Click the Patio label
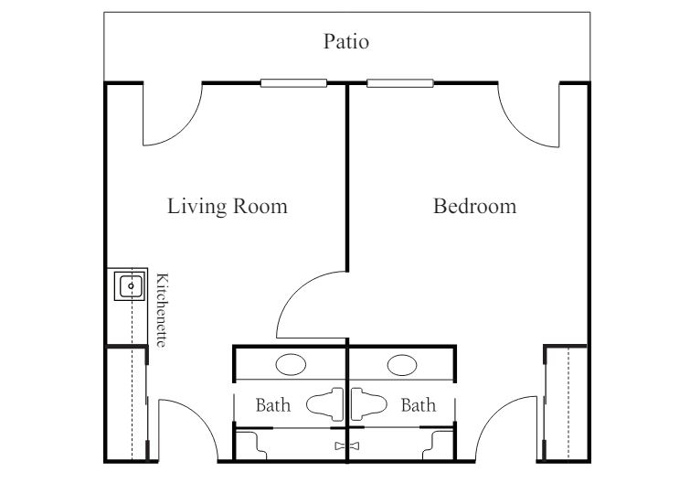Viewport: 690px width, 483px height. pyautogui.click(x=345, y=41)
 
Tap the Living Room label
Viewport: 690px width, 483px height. pyautogui.click(x=228, y=206)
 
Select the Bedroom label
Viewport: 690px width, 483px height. pyautogui.click(x=475, y=206)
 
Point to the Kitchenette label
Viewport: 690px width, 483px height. pyautogui.click(x=162, y=310)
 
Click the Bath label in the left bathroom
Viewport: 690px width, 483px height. pyautogui.click(x=273, y=404)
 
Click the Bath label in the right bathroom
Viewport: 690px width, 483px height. pyautogui.click(x=419, y=404)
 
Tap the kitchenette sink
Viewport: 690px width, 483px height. pyautogui.click(x=130, y=286)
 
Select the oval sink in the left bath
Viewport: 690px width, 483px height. pyautogui.click(x=291, y=365)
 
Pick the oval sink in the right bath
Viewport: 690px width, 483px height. pyautogui.click(x=402, y=365)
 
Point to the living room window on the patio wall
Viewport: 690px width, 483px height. pyautogui.click(x=293, y=82)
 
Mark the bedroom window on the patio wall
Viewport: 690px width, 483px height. pyautogui.click(x=400, y=82)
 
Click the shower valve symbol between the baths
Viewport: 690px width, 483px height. pyautogui.click(x=347, y=446)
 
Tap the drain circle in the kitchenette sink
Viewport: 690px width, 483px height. pyautogui.click(x=131, y=286)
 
